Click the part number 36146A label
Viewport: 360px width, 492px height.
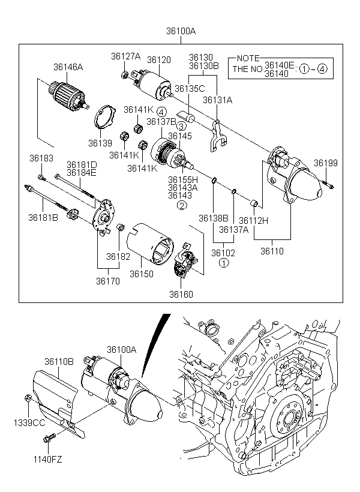(x=68, y=67)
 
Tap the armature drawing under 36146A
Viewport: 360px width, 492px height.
(x=68, y=95)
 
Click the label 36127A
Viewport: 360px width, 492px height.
(x=125, y=56)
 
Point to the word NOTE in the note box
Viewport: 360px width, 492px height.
(x=248, y=58)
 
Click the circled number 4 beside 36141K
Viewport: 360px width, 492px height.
(x=161, y=112)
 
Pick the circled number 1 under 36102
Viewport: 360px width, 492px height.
(x=223, y=263)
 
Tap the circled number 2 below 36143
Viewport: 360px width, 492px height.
(x=182, y=205)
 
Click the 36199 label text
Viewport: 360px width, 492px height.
(x=326, y=163)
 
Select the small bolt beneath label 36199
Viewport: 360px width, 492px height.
(x=328, y=185)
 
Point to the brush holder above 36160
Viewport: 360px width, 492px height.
(x=186, y=259)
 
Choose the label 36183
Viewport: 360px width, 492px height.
(x=41, y=158)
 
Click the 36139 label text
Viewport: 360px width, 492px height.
(x=100, y=143)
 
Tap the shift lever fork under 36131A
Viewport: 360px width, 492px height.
(x=218, y=136)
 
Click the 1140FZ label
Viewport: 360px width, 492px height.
(x=48, y=460)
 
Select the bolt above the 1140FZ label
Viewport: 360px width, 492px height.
(x=49, y=437)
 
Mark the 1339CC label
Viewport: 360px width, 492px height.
(x=29, y=422)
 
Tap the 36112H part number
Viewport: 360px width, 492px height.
(x=254, y=221)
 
